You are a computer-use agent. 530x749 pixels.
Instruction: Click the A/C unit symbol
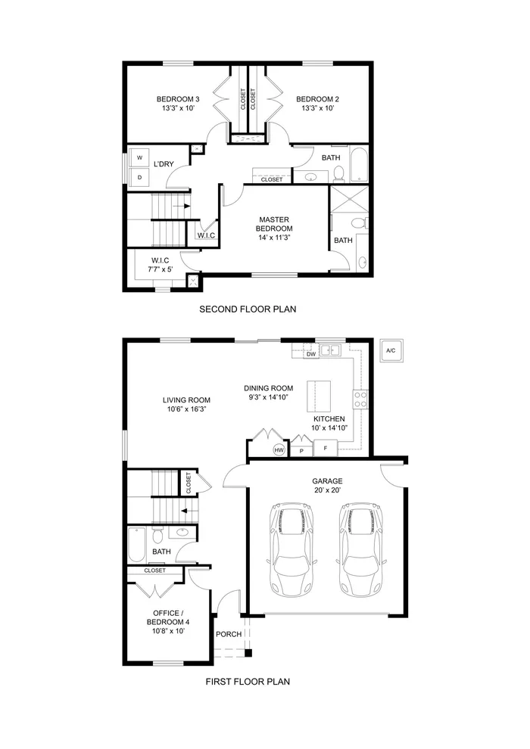point(391,351)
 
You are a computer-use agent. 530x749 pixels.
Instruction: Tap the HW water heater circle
point(279,450)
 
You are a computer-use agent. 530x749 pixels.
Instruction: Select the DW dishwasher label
point(310,353)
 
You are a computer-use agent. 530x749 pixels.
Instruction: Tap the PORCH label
point(229,634)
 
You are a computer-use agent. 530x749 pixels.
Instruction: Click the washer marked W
point(139,158)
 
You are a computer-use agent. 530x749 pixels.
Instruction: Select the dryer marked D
point(139,177)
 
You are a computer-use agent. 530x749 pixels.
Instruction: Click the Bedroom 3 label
point(178,99)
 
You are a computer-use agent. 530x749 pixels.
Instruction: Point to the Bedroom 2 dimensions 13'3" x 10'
point(317,109)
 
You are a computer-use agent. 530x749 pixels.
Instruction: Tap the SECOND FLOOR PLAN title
point(248,309)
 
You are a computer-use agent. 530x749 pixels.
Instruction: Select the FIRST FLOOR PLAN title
point(248,681)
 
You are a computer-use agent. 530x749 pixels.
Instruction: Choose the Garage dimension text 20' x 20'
point(327,490)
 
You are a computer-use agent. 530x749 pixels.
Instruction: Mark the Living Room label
point(186,400)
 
